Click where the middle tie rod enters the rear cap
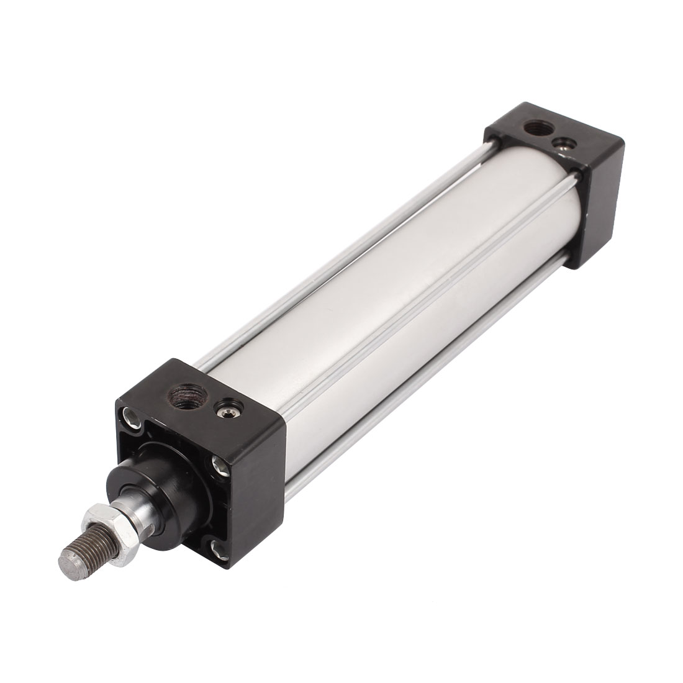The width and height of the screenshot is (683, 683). [x=575, y=177]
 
